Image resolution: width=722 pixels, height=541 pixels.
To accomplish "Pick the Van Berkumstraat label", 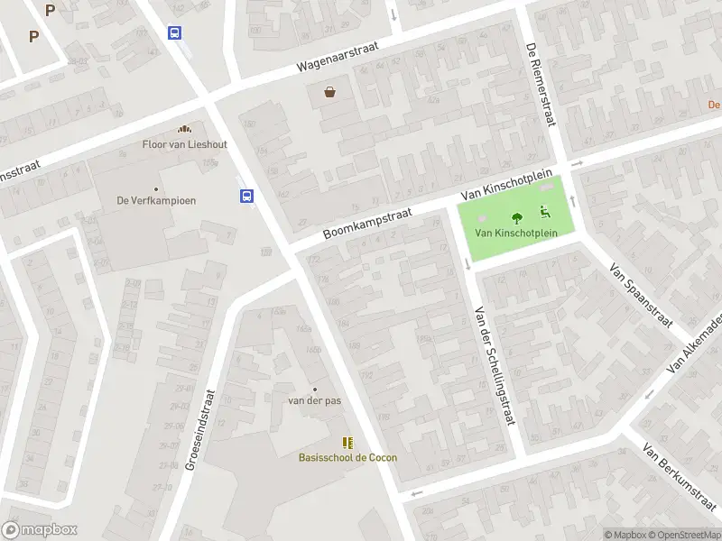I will [x=679, y=479].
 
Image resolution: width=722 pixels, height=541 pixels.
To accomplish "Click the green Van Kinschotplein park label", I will [x=516, y=233].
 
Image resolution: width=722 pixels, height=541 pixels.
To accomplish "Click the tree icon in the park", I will [x=517, y=217].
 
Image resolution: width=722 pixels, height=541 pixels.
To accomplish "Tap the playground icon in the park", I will [x=545, y=213].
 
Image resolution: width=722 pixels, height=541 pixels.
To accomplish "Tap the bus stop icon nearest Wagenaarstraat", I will [x=174, y=32].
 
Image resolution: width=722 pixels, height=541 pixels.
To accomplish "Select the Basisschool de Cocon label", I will [x=347, y=457].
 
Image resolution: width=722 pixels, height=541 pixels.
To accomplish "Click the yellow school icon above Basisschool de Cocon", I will [x=347, y=442].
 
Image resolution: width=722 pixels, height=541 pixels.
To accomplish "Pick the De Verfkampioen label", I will [x=156, y=200].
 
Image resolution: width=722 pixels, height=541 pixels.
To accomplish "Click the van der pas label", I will [x=314, y=400].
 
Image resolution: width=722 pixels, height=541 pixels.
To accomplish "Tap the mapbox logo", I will [x=39, y=529].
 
